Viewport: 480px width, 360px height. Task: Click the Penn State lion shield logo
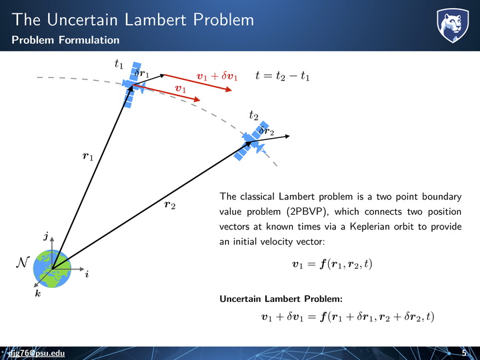[453, 25]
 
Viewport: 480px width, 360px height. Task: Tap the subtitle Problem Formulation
[65, 40]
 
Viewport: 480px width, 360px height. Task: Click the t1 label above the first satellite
[119, 64]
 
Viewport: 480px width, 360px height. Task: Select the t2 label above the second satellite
[253, 115]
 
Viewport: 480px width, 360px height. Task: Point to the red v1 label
[180, 89]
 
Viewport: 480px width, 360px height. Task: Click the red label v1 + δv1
[217, 76]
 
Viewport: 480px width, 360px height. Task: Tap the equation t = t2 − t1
[282, 75]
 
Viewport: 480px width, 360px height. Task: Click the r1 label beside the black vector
[88, 157]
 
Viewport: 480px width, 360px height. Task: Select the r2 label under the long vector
[170, 205]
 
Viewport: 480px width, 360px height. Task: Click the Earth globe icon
[52, 269]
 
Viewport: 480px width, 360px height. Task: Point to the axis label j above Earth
[46, 236]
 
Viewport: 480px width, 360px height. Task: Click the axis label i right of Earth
[87, 274]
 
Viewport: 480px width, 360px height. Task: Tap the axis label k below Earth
[37, 293]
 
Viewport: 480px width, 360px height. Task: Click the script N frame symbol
[23, 263]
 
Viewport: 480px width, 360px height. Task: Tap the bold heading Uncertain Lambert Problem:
[281, 299]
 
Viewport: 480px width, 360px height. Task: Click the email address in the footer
[36, 353]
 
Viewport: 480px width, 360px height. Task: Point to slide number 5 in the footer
[464, 353]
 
